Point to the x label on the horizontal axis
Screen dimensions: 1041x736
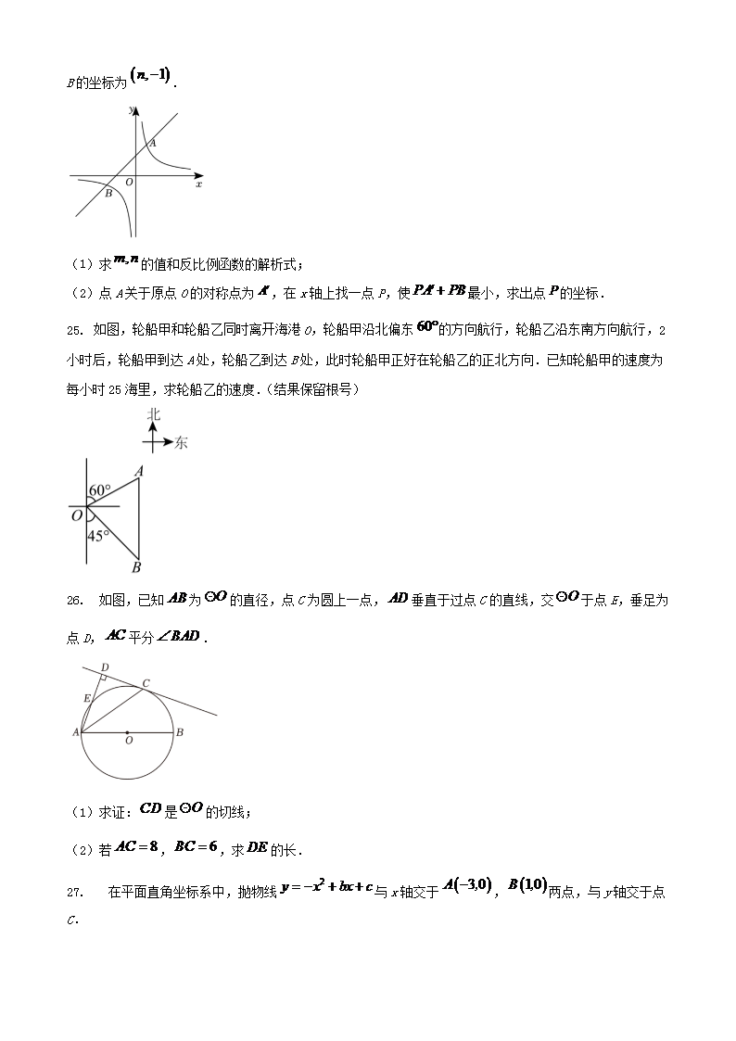(199, 184)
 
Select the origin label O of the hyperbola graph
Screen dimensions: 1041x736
(129, 183)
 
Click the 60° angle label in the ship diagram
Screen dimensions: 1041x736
(100, 490)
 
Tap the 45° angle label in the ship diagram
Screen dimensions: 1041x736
(98, 535)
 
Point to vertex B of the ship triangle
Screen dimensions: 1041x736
(137, 566)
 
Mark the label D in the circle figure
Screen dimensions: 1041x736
(104, 667)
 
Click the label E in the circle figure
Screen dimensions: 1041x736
(86, 698)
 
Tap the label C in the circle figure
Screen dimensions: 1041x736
(146, 681)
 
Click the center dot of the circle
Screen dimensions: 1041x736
(128, 732)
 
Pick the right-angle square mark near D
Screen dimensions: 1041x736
(105, 679)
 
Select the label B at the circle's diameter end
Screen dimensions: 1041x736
(179, 732)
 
